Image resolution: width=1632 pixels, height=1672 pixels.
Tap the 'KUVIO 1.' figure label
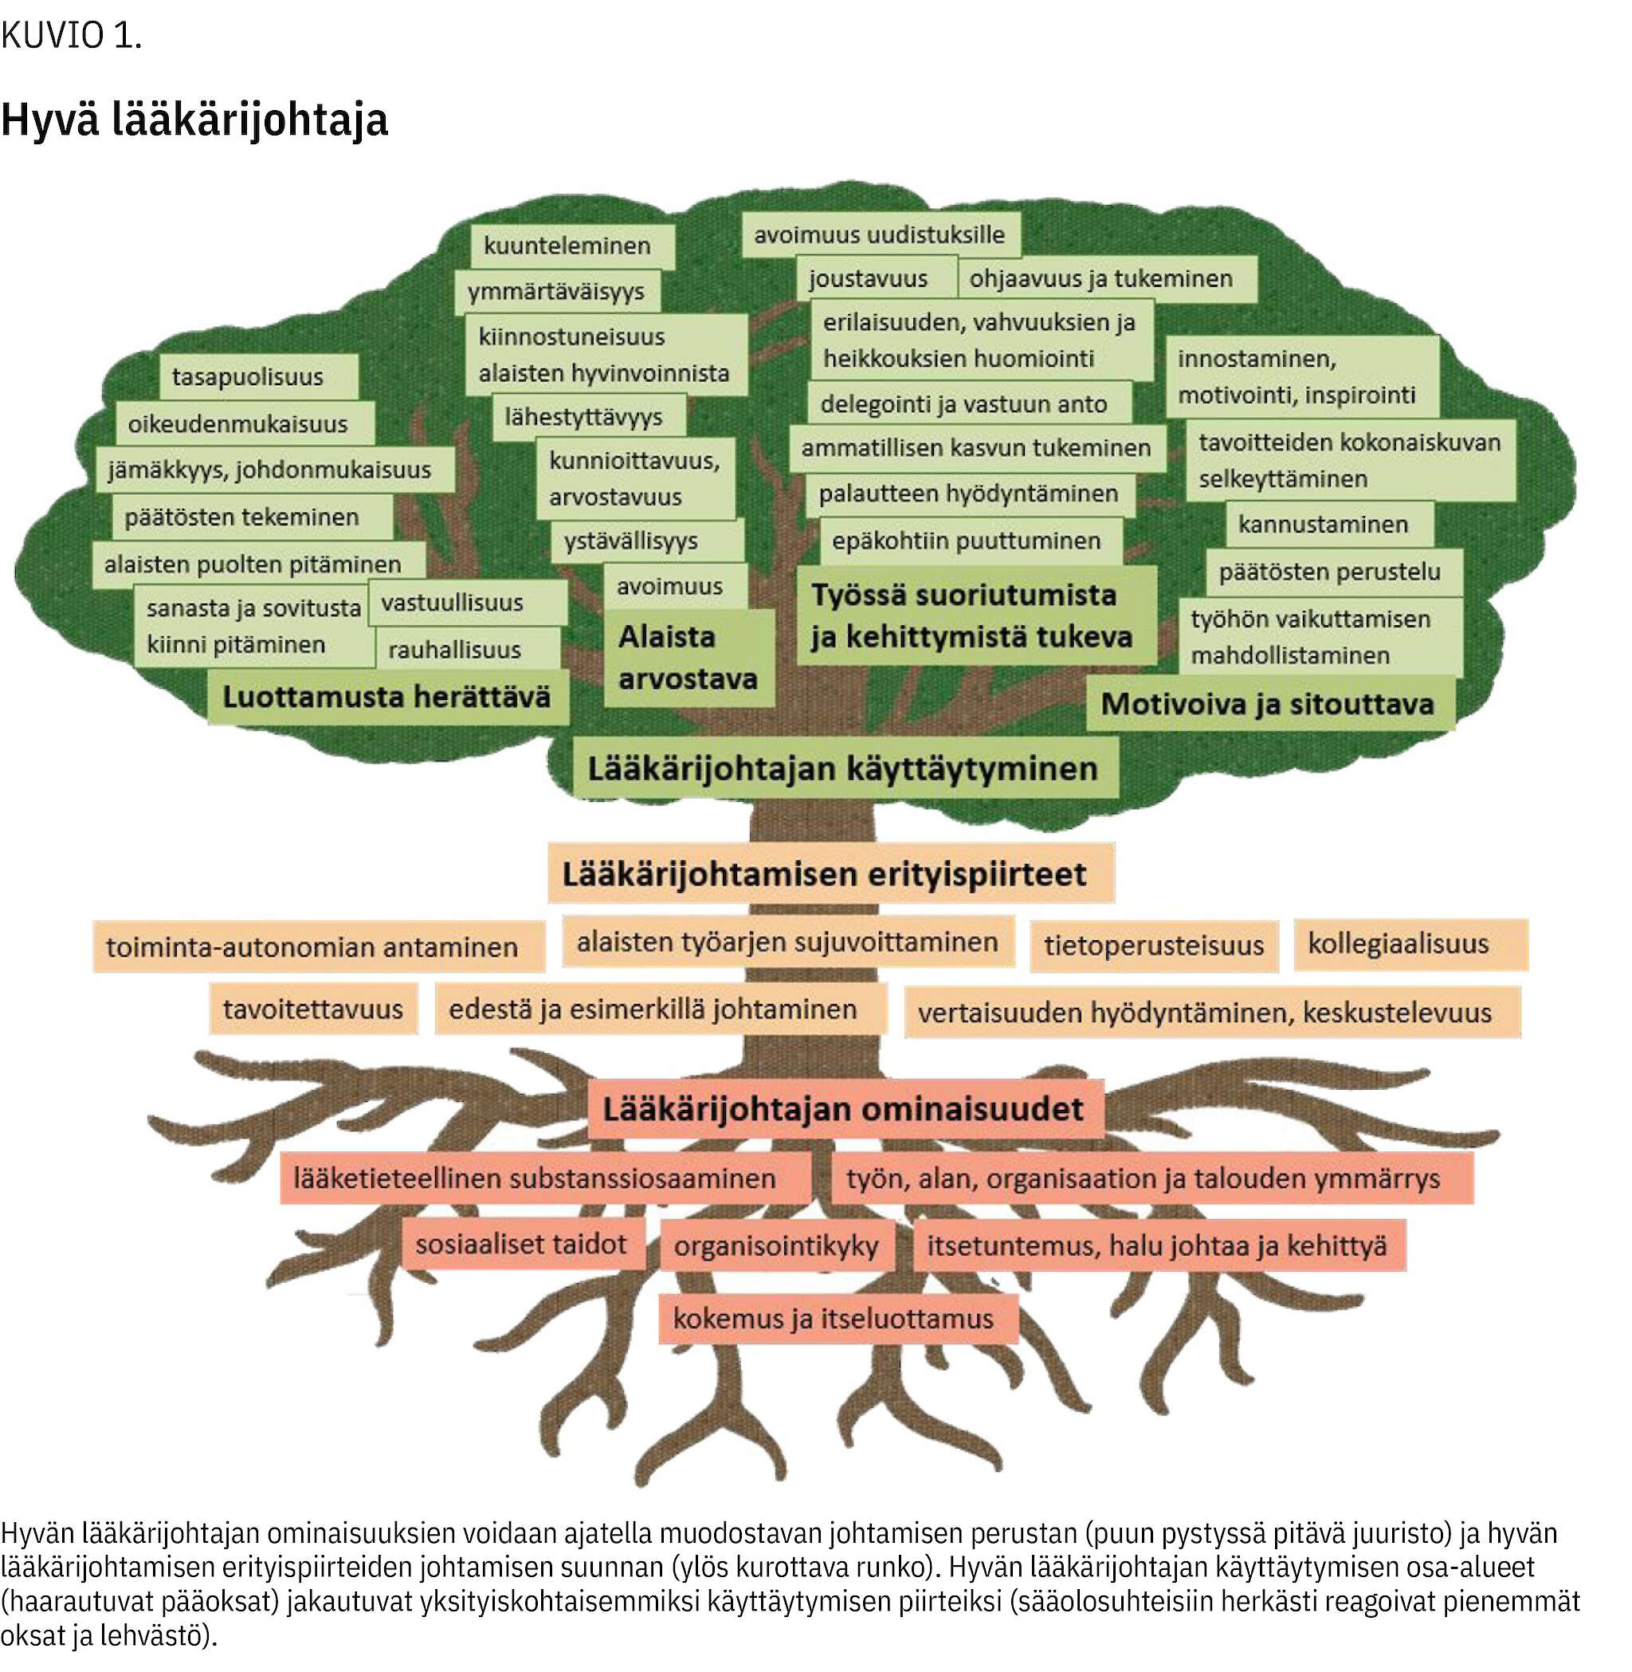[x=71, y=36]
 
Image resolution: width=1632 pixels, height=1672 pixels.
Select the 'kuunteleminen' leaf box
[x=571, y=246]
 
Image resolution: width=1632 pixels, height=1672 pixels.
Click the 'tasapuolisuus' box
[x=258, y=377]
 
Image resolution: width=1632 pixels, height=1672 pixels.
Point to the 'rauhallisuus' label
[x=467, y=649]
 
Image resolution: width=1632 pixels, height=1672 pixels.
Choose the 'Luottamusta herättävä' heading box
[x=387, y=696]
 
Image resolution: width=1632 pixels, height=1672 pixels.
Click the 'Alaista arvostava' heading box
[x=688, y=658]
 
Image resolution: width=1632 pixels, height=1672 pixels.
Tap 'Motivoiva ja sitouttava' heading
[x=1269, y=704]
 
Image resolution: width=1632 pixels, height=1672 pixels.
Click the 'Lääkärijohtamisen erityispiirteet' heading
[x=830, y=873]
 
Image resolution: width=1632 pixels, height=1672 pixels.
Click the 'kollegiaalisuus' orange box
[x=1410, y=944]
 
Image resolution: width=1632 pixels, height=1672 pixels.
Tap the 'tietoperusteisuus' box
[x=1154, y=946]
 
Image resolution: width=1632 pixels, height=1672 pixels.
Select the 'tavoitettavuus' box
[x=314, y=1009]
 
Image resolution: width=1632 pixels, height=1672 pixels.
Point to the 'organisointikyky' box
[x=777, y=1245]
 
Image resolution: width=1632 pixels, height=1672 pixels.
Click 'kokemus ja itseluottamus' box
[x=838, y=1318]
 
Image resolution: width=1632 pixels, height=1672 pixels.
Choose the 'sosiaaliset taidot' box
[x=523, y=1243]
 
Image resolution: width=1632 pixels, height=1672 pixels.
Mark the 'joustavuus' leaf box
[x=876, y=279]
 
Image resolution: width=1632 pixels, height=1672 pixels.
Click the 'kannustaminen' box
[x=1329, y=524]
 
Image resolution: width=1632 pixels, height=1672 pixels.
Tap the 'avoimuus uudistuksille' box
[x=881, y=235]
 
